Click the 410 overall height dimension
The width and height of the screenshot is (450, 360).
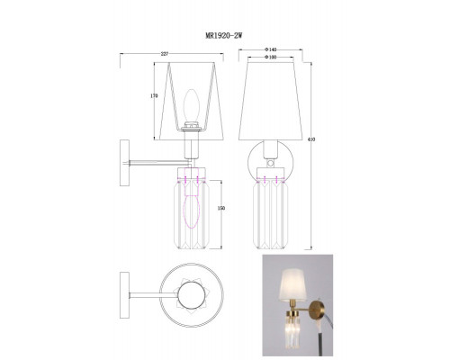pos(311,140)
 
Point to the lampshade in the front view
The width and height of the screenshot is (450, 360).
pos(271,99)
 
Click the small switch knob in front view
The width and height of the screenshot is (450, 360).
pos(271,166)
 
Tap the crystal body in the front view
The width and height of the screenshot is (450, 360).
pos(271,211)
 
